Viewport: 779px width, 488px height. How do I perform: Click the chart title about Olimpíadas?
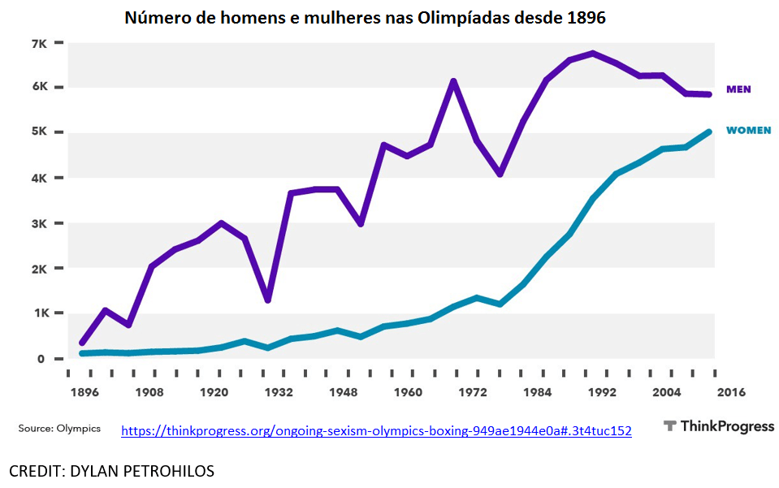[x=365, y=17]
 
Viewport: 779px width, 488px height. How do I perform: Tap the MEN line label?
[x=738, y=89]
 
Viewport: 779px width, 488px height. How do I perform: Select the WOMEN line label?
[x=748, y=130]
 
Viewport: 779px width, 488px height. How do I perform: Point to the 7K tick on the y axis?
[x=39, y=42]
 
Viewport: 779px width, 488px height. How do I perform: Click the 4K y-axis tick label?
[x=39, y=178]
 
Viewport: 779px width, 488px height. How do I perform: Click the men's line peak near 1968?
[x=454, y=81]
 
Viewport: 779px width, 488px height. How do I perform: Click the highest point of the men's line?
[x=593, y=54]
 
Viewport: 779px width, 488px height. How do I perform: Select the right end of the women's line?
[x=709, y=132]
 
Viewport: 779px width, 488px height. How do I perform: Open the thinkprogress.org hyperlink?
[x=376, y=430]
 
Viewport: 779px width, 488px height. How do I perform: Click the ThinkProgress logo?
[x=718, y=426]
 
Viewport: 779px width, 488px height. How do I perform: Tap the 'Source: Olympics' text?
[x=60, y=428]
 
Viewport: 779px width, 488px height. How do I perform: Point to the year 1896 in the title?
[x=586, y=17]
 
